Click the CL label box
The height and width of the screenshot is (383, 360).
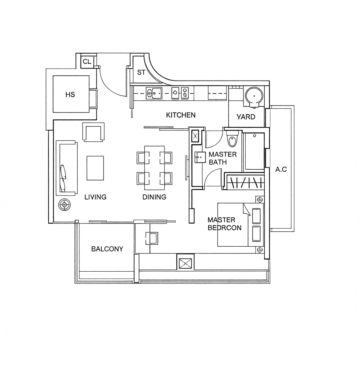coord(87,62)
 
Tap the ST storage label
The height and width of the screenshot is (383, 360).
coord(141,72)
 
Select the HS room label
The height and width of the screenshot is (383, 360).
coord(70,95)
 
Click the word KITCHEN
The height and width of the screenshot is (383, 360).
coord(181,115)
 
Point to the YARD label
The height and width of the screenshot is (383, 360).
coord(246,117)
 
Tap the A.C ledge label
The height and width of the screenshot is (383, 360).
coord(281,169)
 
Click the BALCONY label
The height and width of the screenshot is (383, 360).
coord(107,249)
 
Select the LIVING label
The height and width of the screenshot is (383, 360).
coord(95,197)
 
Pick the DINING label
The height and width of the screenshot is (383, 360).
coord(154,197)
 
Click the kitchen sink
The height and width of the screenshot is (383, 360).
coord(154,93)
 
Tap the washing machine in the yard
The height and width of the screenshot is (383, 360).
coord(254,97)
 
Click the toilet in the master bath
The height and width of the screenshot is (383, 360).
coord(232,139)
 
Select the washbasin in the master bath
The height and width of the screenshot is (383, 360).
coord(200,157)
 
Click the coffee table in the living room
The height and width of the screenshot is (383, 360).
coord(95,168)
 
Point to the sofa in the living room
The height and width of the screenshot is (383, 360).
coord(66,168)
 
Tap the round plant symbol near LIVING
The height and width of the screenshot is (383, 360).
coord(65,205)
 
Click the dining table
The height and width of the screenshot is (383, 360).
coord(154,168)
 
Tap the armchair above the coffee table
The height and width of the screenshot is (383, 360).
coord(94,132)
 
